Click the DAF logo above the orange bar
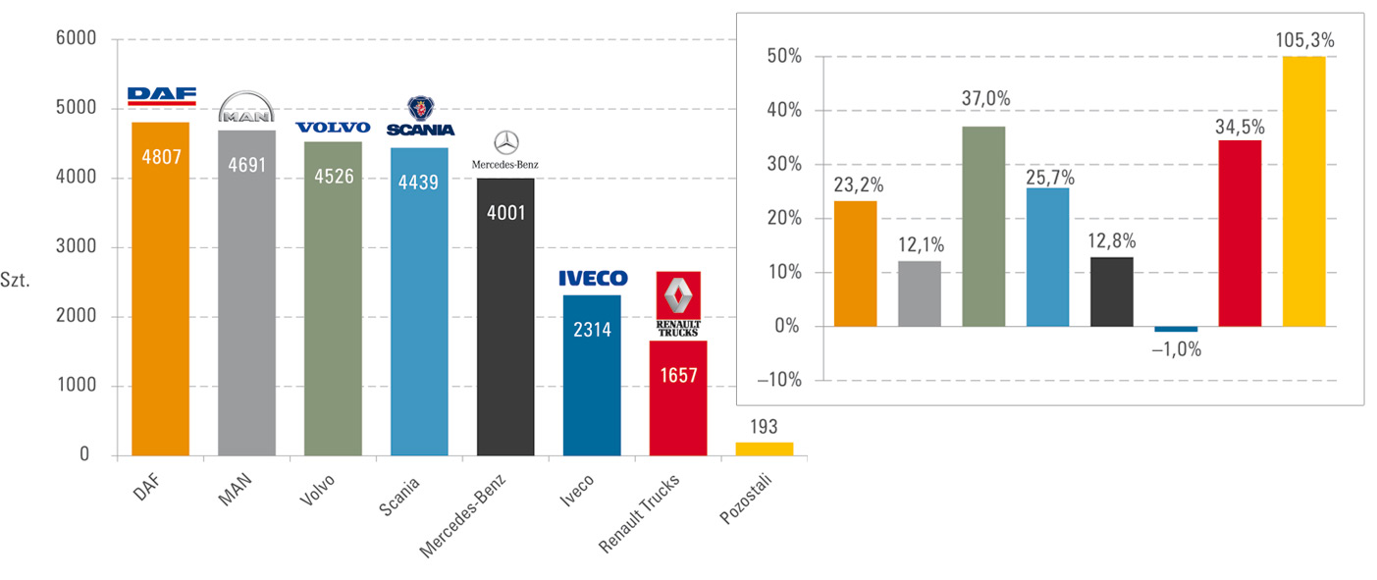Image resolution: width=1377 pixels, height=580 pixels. click(161, 96)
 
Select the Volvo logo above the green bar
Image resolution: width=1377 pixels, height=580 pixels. click(333, 128)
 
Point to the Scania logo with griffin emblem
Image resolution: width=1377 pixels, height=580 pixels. click(420, 117)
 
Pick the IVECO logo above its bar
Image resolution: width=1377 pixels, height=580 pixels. click(592, 279)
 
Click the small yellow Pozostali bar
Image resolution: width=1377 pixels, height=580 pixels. click(765, 448)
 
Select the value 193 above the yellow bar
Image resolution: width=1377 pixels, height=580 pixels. click(764, 426)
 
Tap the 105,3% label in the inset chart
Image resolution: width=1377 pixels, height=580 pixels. click(1304, 40)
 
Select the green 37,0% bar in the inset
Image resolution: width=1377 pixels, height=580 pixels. click(983, 226)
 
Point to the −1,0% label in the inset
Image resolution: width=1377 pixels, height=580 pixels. click(1176, 348)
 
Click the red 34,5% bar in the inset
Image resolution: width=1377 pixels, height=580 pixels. click(1240, 233)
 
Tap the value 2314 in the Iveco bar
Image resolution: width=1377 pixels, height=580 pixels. click(592, 330)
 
